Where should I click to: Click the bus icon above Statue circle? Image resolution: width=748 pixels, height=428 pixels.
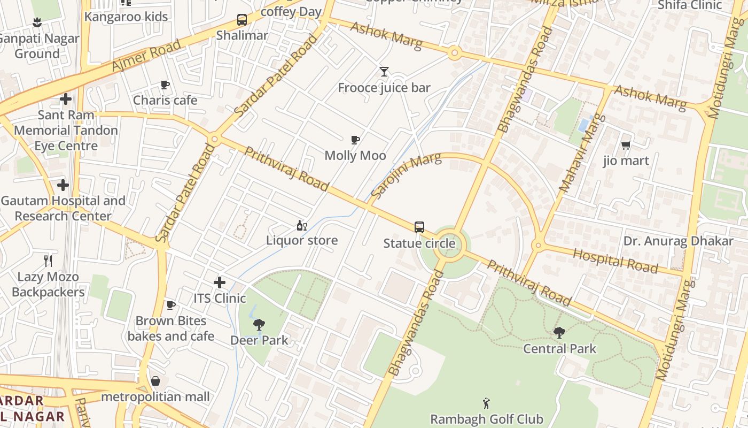(419, 227)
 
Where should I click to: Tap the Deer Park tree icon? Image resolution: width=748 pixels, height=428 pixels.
(259, 324)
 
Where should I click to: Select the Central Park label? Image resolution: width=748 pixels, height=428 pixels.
(559, 349)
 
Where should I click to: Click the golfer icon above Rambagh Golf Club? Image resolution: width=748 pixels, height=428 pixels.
(486, 403)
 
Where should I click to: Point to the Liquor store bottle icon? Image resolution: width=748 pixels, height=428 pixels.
(302, 225)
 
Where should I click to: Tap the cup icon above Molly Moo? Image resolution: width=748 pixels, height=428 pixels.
(355, 140)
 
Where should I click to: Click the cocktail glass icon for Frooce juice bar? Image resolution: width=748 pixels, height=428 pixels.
(384, 72)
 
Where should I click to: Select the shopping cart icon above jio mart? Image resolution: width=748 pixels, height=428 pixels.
(626, 145)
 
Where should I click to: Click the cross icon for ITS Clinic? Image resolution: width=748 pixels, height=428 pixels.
(219, 282)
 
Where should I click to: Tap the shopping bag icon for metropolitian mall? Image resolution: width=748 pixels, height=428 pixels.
(155, 381)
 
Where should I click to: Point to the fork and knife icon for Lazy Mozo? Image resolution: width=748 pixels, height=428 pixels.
(48, 261)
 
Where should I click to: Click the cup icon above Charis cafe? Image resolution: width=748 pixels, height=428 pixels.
(165, 85)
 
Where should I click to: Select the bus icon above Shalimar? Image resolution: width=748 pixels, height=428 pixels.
(242, 20)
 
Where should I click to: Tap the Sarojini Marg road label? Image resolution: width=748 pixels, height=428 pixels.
(406, 175)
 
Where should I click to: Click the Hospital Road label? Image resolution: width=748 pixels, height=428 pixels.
(615, 261)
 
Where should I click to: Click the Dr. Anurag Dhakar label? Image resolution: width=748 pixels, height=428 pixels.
(678, 241)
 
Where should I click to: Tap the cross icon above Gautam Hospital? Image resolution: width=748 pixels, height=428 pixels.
(63, 186)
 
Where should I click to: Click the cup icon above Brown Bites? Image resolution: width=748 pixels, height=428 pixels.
(170, 305)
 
